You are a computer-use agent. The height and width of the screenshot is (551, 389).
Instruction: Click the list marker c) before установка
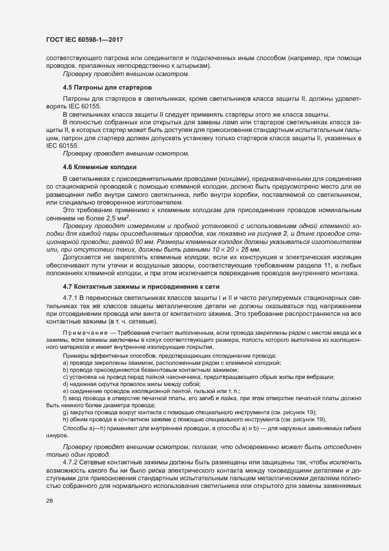(x=64, y=377)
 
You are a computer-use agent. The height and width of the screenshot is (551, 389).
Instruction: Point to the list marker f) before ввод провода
(x=63, y=398)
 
